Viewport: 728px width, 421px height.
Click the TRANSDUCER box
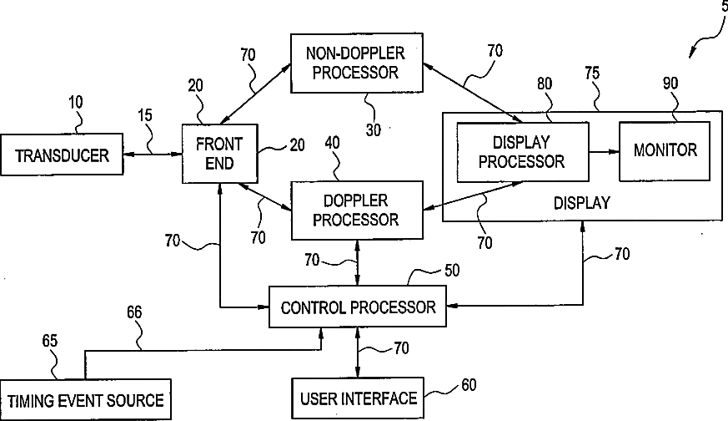[62, 155]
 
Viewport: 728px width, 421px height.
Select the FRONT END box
[219, 154]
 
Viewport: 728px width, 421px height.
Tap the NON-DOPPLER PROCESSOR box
[357, 63]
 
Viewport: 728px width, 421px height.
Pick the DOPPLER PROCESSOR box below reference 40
[357, 210]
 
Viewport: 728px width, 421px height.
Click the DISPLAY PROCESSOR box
[523, 152]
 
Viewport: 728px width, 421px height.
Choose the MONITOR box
[665, 151]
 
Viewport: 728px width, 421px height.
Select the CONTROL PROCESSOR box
[358, 307]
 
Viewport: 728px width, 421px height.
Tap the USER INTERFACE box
[358, 398]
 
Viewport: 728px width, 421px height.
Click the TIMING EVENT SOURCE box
[85, 400]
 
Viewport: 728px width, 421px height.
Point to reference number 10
[76, 103]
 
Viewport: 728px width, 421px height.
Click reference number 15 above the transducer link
[145, 115]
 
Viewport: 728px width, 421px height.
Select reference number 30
[374, 130]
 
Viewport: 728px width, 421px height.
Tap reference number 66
[134, 312]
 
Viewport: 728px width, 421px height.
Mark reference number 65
[50, 341]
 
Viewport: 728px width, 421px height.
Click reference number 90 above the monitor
[670, 84]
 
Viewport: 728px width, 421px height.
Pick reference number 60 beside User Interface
[469, 385]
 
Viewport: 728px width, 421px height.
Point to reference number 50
[452, 271]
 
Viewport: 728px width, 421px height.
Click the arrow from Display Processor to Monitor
[604, 151]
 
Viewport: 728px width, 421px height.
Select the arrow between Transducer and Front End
[153, 154]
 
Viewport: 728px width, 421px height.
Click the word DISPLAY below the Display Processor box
[582, 203]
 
